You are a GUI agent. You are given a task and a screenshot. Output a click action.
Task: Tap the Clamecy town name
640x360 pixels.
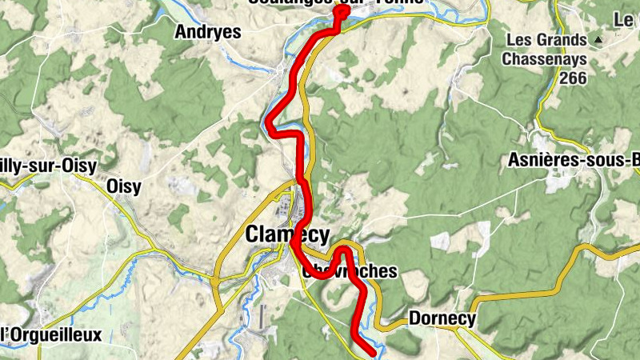point(286,234)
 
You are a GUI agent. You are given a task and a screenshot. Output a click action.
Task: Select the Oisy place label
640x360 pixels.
point(123,187)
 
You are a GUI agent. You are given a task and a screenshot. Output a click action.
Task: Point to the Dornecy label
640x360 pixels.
point(442,318)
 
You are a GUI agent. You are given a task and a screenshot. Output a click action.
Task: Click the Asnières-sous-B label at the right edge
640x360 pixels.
point(574,160)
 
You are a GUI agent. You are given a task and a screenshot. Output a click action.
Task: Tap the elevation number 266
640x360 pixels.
point(574,78)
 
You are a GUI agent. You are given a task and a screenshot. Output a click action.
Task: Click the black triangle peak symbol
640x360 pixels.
point(597,38)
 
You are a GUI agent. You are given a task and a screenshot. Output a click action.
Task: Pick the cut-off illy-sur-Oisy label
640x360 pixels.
point(48,166)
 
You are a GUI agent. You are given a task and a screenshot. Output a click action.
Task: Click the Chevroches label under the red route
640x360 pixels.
point(350,271)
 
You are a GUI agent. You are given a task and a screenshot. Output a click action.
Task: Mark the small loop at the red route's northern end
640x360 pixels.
point(342,13)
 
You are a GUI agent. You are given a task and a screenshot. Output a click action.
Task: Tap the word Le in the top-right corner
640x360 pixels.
point(624,18)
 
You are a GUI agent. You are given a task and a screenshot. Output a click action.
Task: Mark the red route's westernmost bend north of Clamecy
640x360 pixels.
point(271,125)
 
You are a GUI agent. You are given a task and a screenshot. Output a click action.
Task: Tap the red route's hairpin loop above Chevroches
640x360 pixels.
point(344,252)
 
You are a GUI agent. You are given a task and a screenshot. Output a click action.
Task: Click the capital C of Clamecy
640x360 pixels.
point(252,234)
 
